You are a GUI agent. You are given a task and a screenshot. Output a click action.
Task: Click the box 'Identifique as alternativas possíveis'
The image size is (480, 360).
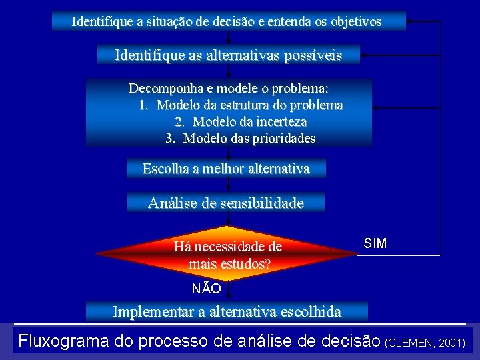[x=228, y=55]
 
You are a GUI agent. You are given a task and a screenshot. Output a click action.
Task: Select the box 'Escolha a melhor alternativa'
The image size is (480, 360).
[x=226, y=169]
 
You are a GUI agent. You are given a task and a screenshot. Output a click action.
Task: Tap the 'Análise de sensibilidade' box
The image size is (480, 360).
[x=225, y=203]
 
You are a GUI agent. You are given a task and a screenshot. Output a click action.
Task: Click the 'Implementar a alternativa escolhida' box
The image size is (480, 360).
[x=227, y=311]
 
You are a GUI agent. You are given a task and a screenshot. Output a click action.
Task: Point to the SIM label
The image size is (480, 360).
[x=375, y=243]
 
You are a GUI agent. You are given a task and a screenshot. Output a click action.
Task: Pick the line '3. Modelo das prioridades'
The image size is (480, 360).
[x=240, y=139]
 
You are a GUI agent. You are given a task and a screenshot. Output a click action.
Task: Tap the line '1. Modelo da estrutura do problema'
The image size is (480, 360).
[x=241, y=105]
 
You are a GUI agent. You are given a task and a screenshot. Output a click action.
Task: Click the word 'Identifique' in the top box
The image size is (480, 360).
[x=102, y=21]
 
